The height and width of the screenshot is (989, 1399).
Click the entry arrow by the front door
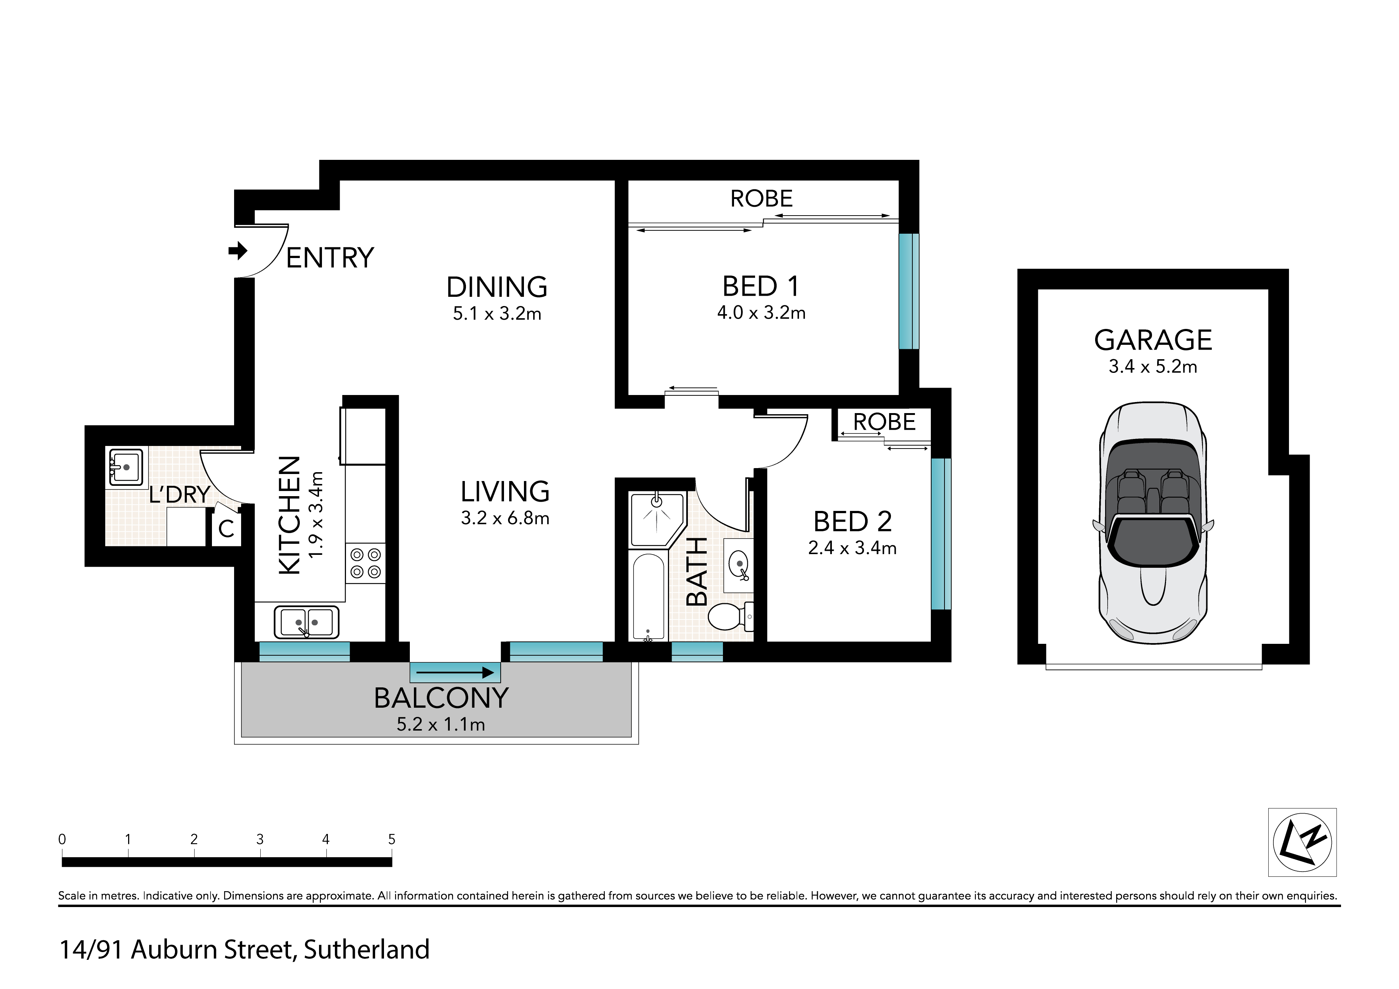tap(238, 250)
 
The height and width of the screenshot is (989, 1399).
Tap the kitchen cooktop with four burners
tap(366, 563)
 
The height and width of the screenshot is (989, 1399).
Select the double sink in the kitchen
tap(306, 622)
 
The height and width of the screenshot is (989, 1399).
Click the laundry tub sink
tap(126, 467)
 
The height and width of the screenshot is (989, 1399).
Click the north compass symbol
tap(1302, 842)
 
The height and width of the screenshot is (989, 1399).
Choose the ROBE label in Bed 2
tap(884, 422)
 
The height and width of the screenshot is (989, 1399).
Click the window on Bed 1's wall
tap(909, 291)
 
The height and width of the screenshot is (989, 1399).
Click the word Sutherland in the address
tap(367, 950)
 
